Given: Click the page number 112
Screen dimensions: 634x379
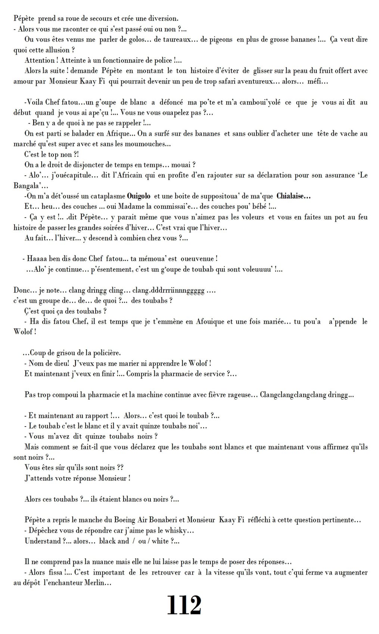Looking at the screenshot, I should (184, 606).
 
